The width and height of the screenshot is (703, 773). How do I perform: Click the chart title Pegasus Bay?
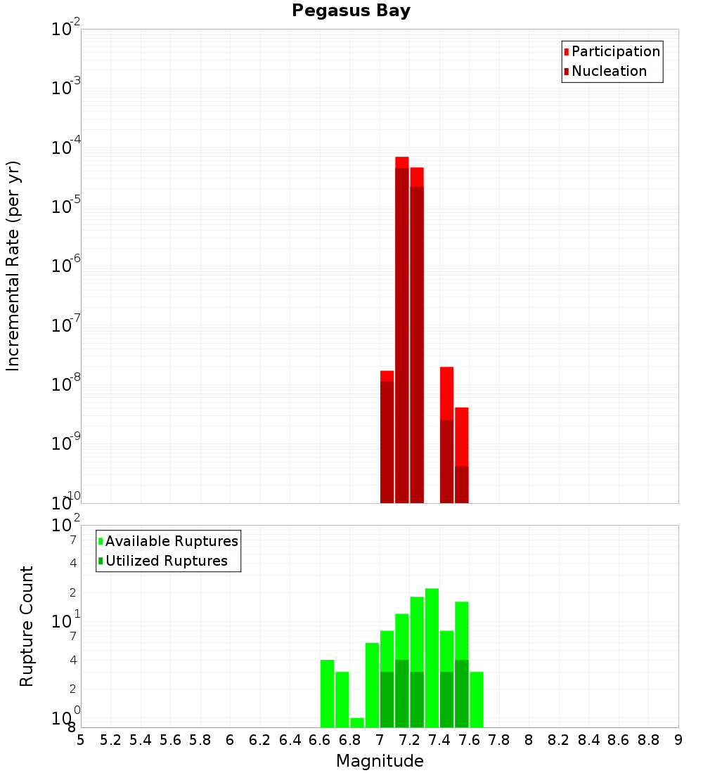pos(351,11)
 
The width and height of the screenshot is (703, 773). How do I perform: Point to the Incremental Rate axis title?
pos(13,266)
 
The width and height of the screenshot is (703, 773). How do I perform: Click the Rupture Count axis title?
pos(27,626)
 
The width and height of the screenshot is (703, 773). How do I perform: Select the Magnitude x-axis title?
pos(380,761)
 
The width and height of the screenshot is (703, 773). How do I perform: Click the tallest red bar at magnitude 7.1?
pos(402,330)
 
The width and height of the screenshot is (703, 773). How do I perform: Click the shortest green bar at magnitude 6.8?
pos(357,722)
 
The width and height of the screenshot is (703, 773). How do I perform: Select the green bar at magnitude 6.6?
pos(327,694)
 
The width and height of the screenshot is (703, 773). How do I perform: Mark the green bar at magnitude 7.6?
pos(477,699)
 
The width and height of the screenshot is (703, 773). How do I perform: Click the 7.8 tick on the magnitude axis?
pos(499,740)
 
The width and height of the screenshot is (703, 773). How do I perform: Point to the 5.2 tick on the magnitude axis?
pos(110,740)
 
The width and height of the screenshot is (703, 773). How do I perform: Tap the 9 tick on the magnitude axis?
pos(678,740)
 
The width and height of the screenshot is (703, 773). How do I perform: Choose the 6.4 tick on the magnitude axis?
pos(290,740)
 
